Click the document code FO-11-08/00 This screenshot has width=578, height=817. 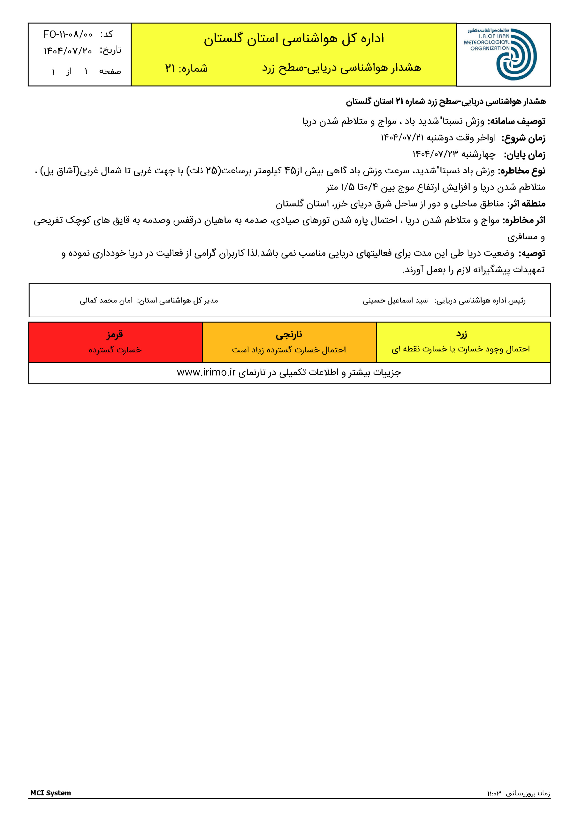[x=68, y=34]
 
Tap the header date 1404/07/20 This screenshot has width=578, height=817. [x=68, y=51]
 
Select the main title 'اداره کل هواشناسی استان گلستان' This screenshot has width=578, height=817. [x=294, y=38]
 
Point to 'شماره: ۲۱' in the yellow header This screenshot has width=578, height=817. [x=186, y=68]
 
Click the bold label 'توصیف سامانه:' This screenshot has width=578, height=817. [x=516, y=121]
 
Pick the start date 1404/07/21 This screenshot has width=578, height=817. [x=402, y=138]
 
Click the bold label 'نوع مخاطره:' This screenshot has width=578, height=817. [x=522, y=171]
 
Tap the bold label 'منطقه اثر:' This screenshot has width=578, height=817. [x=526, y=204]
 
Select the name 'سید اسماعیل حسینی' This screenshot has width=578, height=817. [x=395, y=301]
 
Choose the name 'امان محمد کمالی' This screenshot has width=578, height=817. [x=106, y=301]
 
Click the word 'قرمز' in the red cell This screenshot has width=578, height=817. [x=115, y=334]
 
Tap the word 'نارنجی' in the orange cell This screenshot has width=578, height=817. [x=289, y=334]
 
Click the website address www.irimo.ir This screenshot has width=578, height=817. [x=206, y=372]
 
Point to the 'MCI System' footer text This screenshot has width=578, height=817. [x=50, y=793]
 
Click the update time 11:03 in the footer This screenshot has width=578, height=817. [x=494, y=793]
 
